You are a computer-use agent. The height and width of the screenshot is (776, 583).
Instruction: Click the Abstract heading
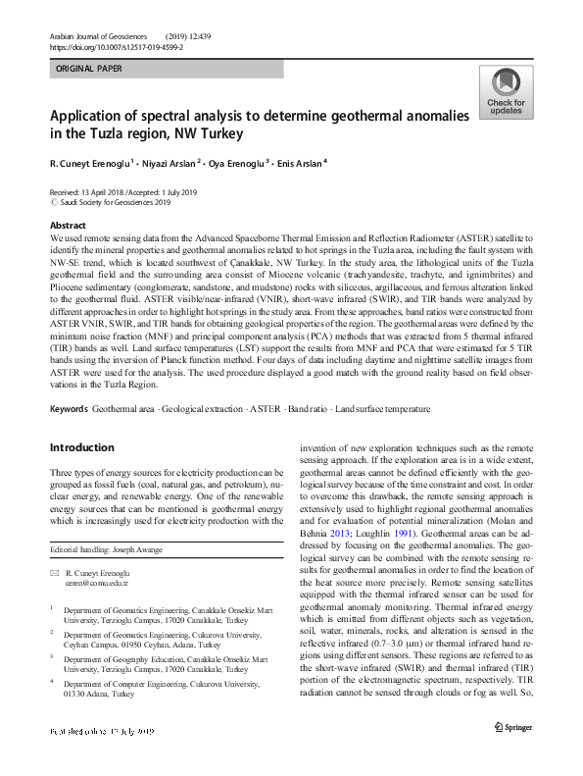pyautogui.click(x=68, y=225)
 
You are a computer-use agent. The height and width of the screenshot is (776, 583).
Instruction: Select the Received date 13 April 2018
pyautogui.click(x=92, y=192)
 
